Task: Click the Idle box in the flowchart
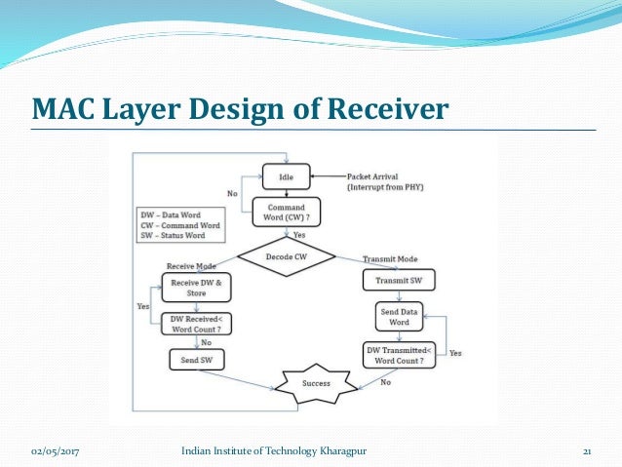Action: click(286, 176)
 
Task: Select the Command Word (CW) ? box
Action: click(286, 213)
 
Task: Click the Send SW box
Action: click(198, 360)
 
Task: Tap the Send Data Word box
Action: click(401, 317)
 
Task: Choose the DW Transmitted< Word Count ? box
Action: click(399, 354)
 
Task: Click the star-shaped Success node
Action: click(316, 382)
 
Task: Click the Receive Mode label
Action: click(191, 265)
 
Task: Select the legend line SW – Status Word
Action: click(177, 233)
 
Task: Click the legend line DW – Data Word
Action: click(174, 214)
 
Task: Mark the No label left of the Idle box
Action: click(232, 194)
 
